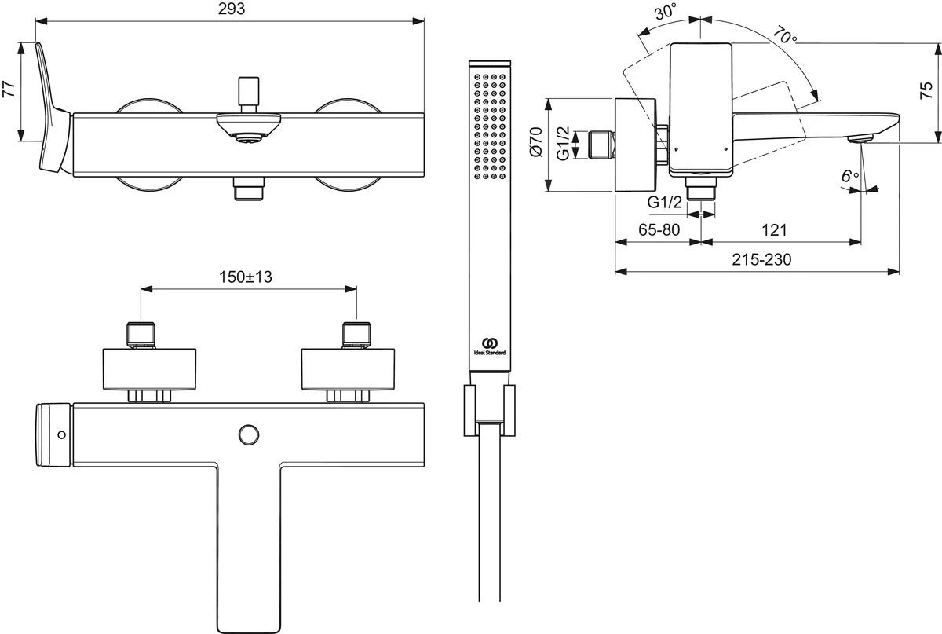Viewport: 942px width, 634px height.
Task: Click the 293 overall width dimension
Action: [230, 9]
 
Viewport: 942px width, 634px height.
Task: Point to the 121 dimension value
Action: [775, 229]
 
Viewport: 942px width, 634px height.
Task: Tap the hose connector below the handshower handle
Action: [489, 409]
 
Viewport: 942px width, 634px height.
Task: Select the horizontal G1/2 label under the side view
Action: [663, 203]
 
